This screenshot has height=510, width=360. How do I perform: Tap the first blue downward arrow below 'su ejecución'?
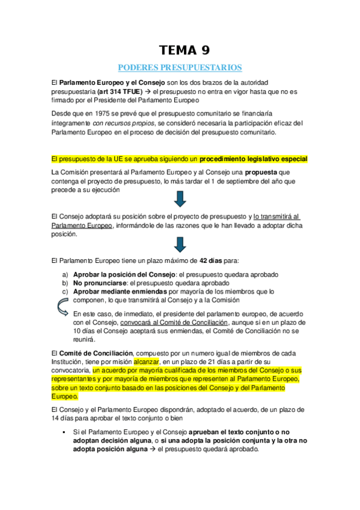180,199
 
